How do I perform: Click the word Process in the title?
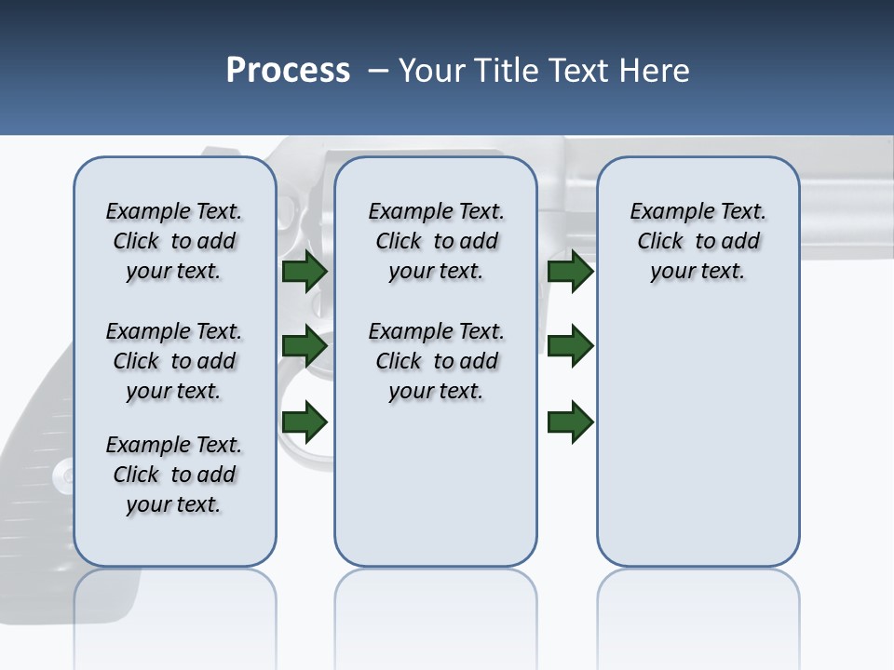[288, 71]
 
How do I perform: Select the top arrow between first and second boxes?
[304, 272]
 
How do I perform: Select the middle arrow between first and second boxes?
[304, 346]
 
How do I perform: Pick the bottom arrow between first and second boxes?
[304, 422]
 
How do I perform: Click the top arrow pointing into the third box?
[570, 272]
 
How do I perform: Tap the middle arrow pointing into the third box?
[570, 346]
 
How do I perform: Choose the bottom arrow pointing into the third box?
[570, 422]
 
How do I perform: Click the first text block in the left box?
[174, 241]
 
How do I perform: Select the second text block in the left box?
[174, 361]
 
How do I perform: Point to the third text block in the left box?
[174, 475]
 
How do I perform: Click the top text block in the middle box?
[436, 241]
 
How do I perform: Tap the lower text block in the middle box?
[436, 361]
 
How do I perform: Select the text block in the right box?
[698, 241]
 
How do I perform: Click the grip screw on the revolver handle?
[61, 476]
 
